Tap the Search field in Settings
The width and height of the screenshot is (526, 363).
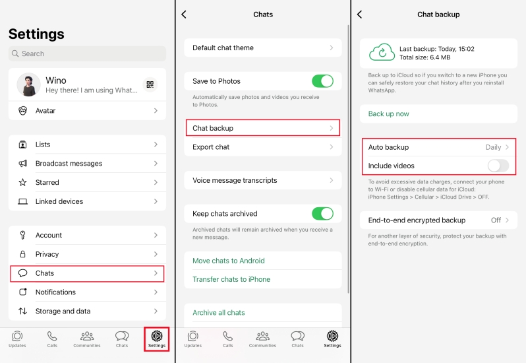(x=87, y=53)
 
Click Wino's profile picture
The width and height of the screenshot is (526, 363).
(x=28, y=84)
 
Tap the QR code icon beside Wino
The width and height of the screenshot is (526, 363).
(x=150, y=84)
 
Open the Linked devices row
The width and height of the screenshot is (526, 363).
(x=87, y=201)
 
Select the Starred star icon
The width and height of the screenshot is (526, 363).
(x=22, y=182)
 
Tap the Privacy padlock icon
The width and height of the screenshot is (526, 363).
(x=22, y=254)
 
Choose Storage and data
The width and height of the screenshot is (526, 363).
(x=87, y=312)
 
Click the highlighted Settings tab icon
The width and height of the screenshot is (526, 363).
(x=157, y=336)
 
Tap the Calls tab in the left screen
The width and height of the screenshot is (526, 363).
(x=52, y=339)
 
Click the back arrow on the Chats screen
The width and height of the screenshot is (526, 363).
(x=184, y=15)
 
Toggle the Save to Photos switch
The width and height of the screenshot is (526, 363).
(x=322, y=81)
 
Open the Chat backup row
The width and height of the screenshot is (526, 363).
(x=263, y=128)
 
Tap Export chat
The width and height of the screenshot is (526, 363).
(x=263, y=147)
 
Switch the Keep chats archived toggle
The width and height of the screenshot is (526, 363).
(x=322, y=214)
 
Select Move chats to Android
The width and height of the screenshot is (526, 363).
(x=229, y=261)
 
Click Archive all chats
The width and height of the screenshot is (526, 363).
(x=219, y=313)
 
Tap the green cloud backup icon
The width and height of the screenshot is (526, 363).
(x=382, y=52)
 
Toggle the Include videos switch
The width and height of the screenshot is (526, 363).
(x=498, y=166)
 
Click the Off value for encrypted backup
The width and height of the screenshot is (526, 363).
(x=496, y=220)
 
